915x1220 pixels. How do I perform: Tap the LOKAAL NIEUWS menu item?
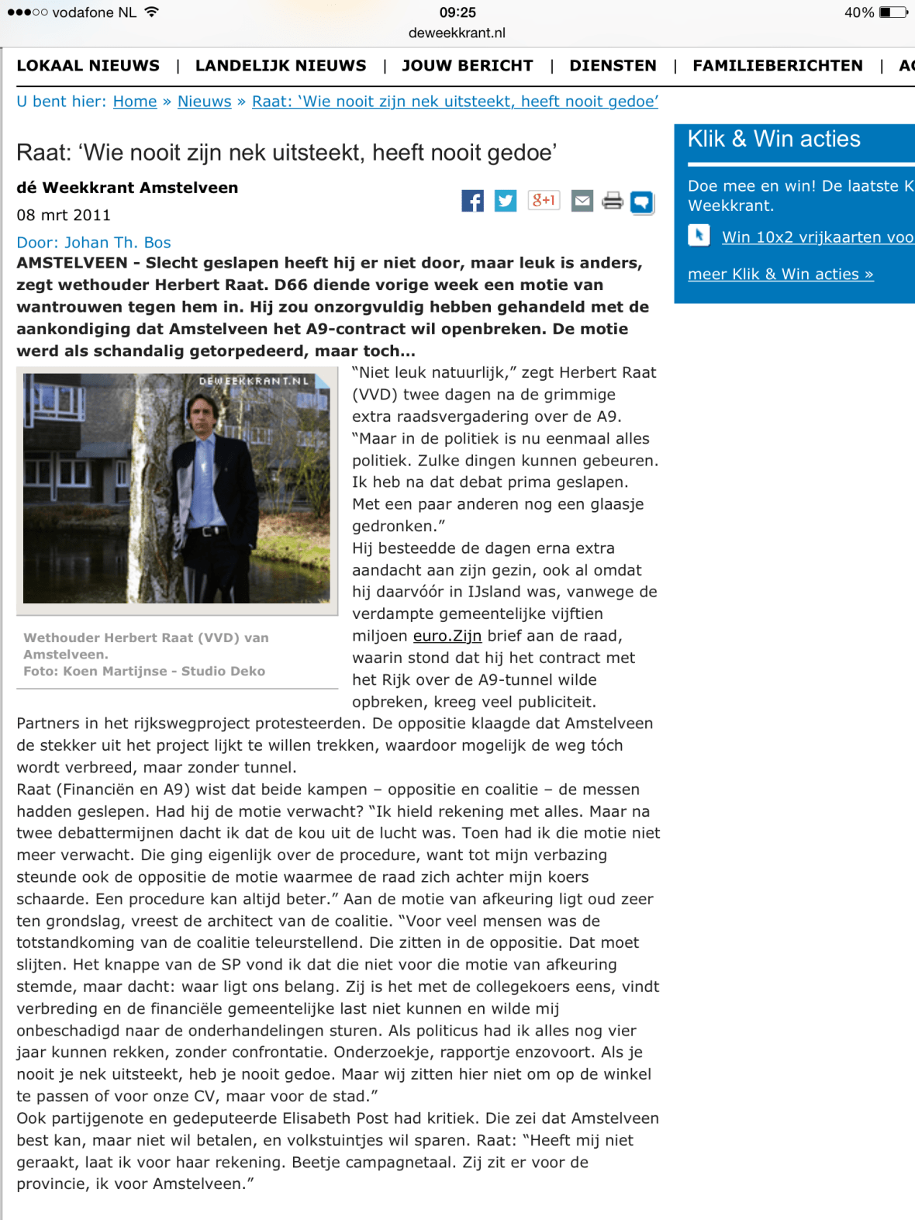(88, 66)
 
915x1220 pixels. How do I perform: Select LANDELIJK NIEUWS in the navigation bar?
(281, 66)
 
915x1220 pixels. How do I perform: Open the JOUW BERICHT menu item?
(467, 66)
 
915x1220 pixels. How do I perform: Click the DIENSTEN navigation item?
(613, 66)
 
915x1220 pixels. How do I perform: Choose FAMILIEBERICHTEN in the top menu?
(777, 66)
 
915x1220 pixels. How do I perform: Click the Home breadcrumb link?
(135, 102)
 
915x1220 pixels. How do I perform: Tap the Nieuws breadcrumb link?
(204, 102)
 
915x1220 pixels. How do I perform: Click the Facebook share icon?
(472, 201)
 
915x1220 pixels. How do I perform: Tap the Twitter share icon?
(506, 201)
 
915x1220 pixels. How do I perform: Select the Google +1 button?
(544, 200)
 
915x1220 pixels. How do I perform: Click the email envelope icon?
(582, 201)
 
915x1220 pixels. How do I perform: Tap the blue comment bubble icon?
(641, 202)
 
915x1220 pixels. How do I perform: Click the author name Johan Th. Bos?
(117, 243)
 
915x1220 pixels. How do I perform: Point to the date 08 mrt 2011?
(64, 215)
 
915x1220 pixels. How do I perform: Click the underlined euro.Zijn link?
(447, 636)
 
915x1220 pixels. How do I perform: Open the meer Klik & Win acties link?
(780, 274)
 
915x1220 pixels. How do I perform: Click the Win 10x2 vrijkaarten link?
(817, 237)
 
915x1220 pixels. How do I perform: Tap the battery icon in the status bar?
(893, 12)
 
